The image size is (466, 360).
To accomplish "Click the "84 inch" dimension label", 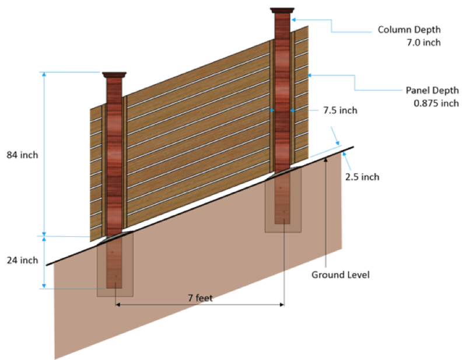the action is (x=22, y=155).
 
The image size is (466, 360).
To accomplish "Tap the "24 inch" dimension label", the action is (x=22, y=260).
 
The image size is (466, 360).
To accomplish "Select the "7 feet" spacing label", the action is (x=200, y=298).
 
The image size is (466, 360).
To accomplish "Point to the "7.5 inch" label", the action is (x=340, y=110).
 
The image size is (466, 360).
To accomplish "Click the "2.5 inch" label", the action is (x=362, y=177).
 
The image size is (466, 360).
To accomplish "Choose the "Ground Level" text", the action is (x=340, y=275).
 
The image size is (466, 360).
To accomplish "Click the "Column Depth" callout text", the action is (x=409, y=30).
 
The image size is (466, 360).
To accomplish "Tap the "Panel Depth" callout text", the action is (x=432, y=90).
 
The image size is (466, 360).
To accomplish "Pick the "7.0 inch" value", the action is (x=423, y=43).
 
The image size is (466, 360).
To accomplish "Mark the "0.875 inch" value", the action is (x=436, y=103).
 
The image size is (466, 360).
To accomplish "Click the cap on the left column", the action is (x=114, y=75).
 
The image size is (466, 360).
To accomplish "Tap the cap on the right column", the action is (x=282, y=11).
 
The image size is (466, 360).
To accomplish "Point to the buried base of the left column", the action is (x=114, y=263).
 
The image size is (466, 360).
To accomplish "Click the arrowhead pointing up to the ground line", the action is (x=325, y=159).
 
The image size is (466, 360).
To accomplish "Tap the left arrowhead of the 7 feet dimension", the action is (x=118, y=305).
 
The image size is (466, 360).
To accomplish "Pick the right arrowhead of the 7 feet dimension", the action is (x=282, y=305).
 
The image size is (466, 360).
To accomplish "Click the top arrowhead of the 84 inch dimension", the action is (x=44, y=75).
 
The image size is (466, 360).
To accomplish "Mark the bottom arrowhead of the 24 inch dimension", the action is (x=44, y=286).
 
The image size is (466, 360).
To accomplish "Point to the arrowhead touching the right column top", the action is (x=293, y=20).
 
